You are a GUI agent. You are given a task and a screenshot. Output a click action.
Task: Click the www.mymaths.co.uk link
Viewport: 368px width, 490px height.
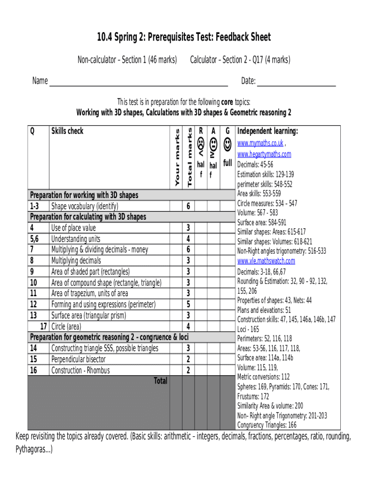pos(260,143)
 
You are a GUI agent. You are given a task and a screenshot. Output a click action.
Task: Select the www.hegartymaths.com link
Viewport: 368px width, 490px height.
pos(264,154)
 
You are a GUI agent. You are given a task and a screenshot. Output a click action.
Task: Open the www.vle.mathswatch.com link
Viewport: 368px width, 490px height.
pos(266,261)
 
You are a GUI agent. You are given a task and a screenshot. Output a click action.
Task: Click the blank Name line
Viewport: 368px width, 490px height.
pos(139,81)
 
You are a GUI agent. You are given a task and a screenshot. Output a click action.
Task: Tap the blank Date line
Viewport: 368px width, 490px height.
pos(296,81)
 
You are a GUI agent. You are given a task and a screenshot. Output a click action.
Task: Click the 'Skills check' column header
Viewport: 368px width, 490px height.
pos(67,131)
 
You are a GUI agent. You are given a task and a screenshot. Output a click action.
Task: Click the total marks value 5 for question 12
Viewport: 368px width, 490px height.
pos(188,304)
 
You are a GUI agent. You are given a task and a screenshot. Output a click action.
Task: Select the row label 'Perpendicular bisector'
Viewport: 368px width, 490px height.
pos(78,359)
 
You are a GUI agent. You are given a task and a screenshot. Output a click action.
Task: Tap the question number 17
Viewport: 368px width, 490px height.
pos(43,326)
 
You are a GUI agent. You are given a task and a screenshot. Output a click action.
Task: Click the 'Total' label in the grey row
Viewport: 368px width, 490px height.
pos(160,381)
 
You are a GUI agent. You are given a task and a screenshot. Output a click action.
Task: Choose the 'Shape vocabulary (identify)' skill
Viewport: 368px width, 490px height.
pos(85,206)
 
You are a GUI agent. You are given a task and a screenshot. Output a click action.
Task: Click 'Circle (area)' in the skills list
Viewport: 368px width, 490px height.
pos(66,326)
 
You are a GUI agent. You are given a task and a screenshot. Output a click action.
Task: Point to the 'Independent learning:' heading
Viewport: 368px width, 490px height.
pos(268,131)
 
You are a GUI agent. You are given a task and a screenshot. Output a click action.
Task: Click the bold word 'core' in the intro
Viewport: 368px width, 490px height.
pos(227,102)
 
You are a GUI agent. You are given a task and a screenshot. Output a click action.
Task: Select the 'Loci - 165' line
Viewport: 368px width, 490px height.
pos(248,329)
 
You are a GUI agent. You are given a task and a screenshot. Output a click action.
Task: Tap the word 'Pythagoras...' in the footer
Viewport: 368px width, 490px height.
pos(34,449)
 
